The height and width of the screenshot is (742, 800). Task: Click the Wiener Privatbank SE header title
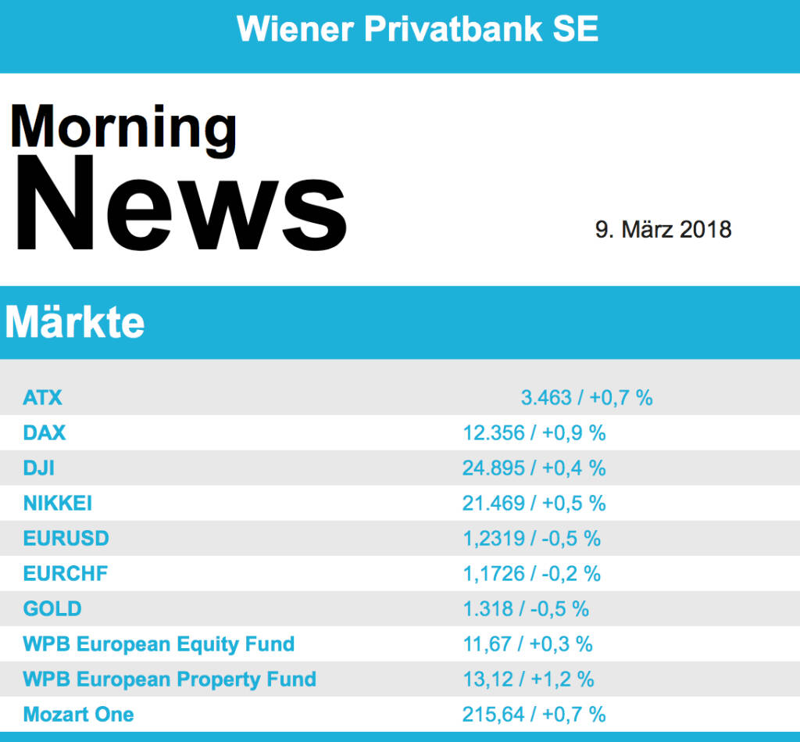click(x=417, y=30)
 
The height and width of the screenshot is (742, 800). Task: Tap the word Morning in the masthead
click(x=123, y=127)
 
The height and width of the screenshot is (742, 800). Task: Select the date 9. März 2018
click(x=663, y=229)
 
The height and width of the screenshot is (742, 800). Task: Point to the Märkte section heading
click(x=75, y=322)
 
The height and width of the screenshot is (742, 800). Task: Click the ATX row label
click(x=42, y=397)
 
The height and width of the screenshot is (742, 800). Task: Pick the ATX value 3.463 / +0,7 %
click(x=586, y=397)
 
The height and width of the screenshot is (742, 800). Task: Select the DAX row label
click(x=45, y=432)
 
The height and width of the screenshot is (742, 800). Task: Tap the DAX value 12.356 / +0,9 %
click(x=534, y=432)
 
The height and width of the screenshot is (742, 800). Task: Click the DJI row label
click(x=39, y=468)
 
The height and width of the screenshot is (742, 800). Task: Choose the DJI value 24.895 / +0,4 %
click(x=534, y=468)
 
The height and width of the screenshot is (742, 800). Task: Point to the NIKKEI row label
click(x=58, y=503)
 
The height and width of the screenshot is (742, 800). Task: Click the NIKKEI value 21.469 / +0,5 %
click(x=534, y=503)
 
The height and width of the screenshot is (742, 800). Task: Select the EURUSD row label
click(x=66, y=538)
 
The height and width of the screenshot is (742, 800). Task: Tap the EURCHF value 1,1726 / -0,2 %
click(x=531, y=573)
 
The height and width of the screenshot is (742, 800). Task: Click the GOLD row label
click(x=52, y=608)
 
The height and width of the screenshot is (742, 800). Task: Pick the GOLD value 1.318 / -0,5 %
click(x=526, y=608)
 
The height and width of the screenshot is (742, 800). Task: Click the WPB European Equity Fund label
click(x=159, y=643)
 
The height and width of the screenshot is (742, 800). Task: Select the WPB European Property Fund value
click(x=528, y=679)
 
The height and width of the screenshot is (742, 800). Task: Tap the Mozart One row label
click(x=78, y=714)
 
